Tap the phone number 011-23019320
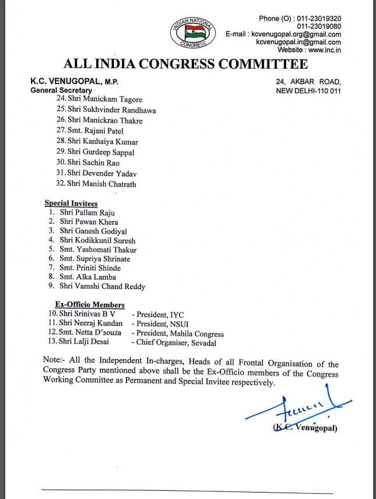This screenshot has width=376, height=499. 319,18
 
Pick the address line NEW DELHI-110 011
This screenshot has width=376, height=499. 308,91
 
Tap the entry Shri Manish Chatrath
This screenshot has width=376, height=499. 97,184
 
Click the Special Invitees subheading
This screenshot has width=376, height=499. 71,203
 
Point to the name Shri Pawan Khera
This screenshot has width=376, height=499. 89,222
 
